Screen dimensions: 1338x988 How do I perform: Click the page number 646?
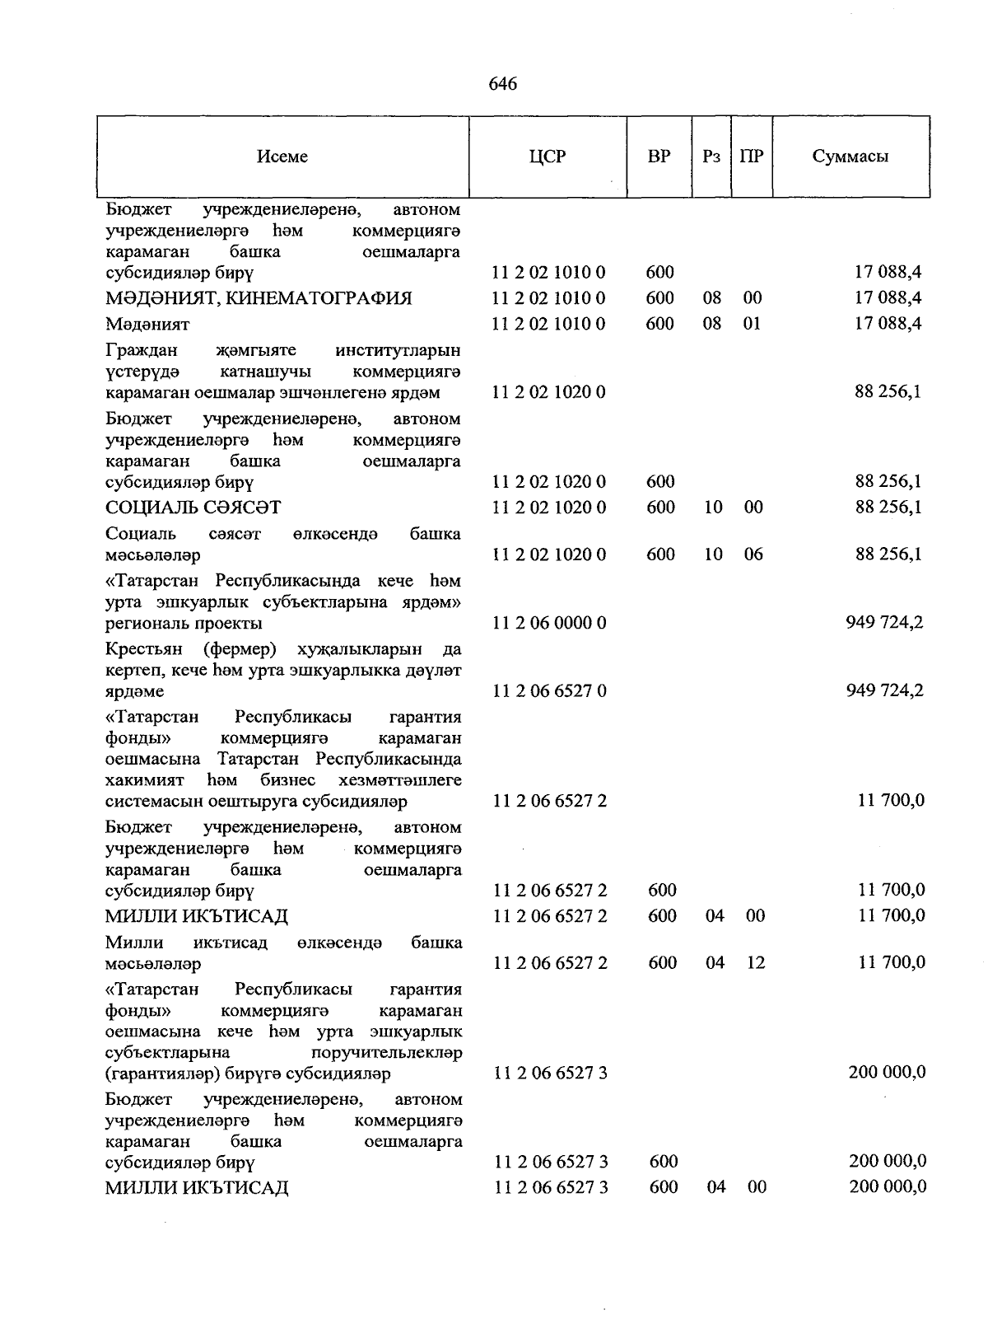(x=502, y=84)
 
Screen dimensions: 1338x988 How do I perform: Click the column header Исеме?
(x=282, y=157)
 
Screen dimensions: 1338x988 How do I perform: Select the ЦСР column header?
(x=548, y=157)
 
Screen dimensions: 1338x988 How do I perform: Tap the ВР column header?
(x=659, y=157)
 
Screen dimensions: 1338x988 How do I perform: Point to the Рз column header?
(x=711, y=157)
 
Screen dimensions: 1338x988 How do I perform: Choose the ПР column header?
(x=752, y=157)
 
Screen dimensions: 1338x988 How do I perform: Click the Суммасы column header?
(x=851, y=157)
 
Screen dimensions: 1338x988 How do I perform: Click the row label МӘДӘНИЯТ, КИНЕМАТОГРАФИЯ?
(x=259, y=298)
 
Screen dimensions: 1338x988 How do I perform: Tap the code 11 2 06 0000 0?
(x=549, y=623)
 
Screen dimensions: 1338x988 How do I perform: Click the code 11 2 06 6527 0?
(x=549, y=691)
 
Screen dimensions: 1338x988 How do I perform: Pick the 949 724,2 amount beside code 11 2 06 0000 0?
(x=884, y=622)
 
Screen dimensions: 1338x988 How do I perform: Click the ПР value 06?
(x=753, y=554)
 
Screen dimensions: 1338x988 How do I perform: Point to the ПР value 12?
(x=755, y=962)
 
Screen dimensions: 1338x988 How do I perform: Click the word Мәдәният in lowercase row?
(x=147, y=325)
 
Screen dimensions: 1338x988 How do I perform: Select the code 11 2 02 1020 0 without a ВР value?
(x=549, y=392)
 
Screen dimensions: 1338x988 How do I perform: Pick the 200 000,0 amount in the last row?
(x=888, y=1186)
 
